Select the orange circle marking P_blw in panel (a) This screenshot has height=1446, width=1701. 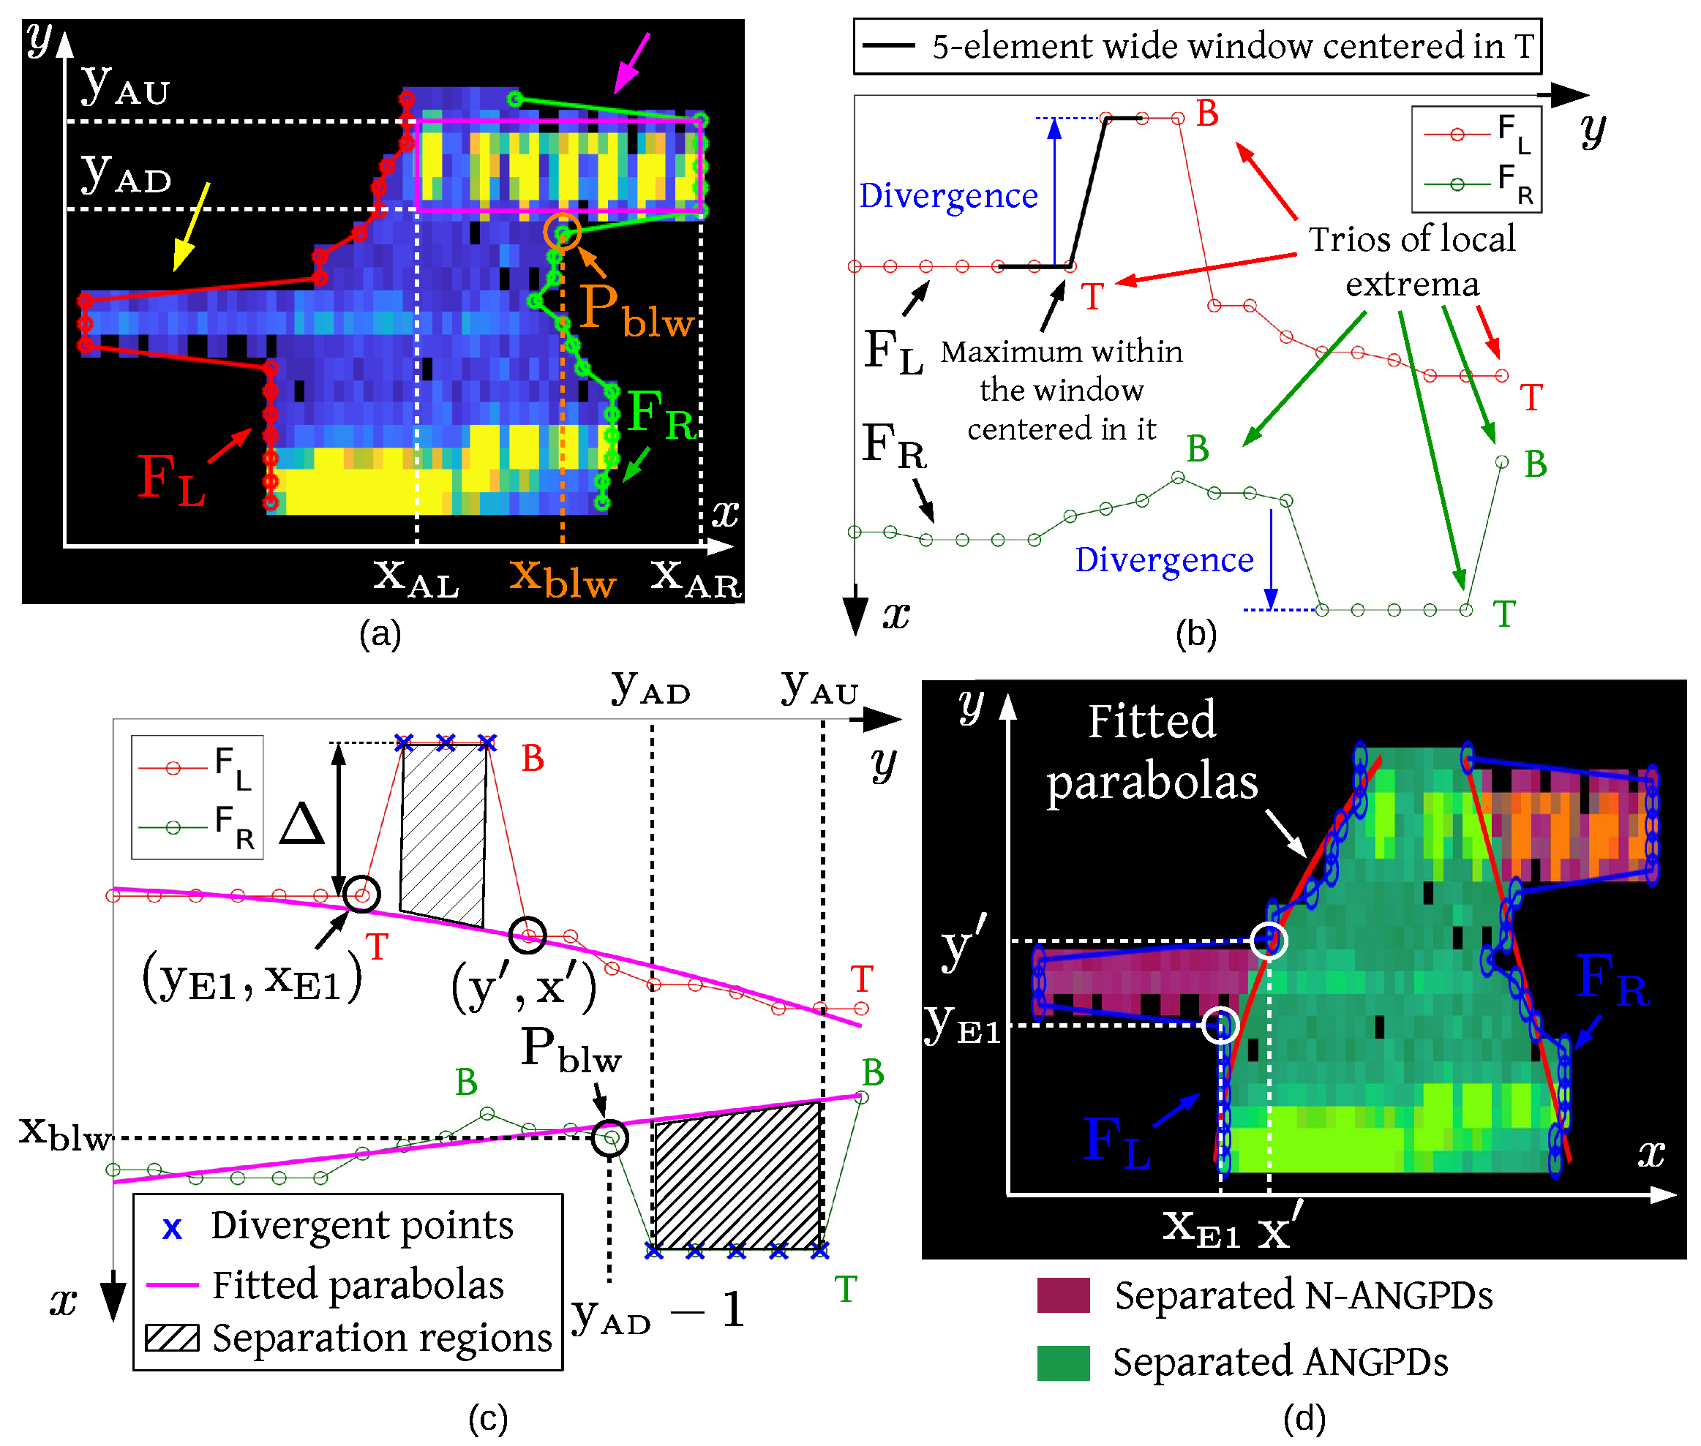coord(562,232)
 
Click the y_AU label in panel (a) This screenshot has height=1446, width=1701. coord(125,86)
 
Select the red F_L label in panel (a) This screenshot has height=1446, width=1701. coord(170,480)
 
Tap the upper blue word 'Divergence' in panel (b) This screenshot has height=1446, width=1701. coord(947,196)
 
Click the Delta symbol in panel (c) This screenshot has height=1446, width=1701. coord(301,824)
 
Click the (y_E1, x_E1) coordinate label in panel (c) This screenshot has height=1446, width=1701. coord(252,979)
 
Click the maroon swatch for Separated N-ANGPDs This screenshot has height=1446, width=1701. coord(1062,1295)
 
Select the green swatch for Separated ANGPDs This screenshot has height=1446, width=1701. coord(1062,1363)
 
